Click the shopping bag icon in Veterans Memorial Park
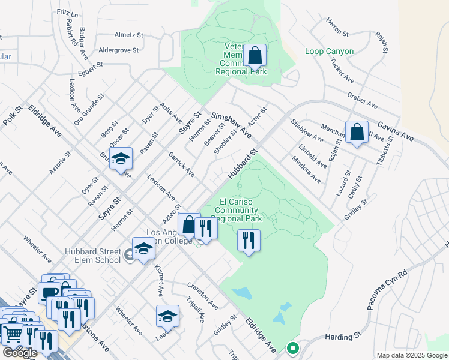point(255,56)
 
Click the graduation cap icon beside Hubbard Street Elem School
point(143,249)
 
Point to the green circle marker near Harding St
point(292,347)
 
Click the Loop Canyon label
point(329,52)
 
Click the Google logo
point(20,353)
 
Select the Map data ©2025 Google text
point(412,355)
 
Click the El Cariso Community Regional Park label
point(238,210)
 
